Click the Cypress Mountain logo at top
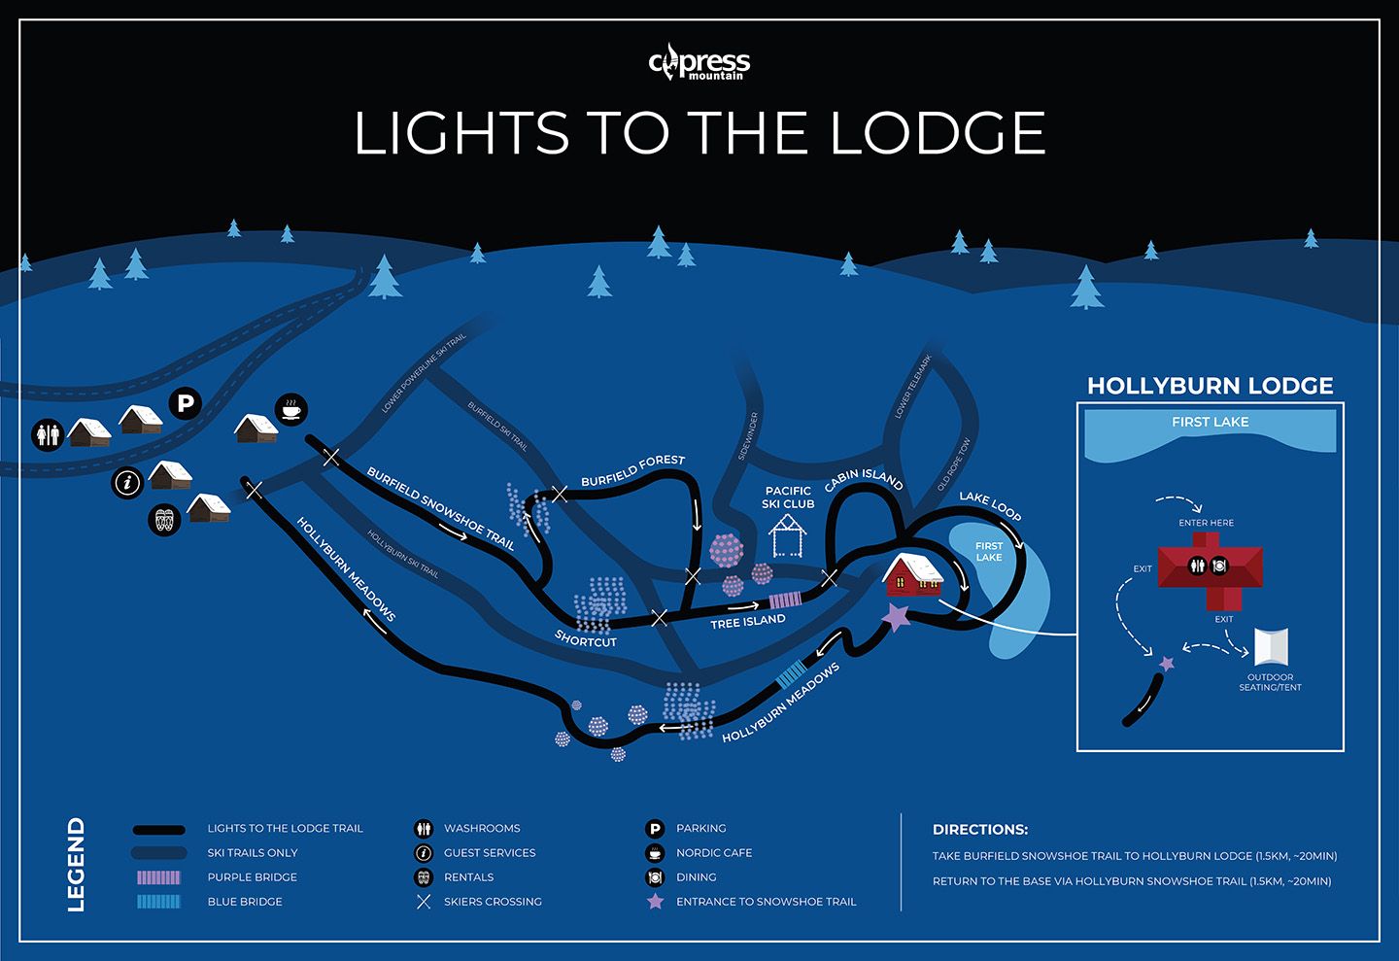pos(699,63)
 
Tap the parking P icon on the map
pos(185,402)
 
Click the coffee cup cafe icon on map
pos(291,409)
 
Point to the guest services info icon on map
pos(127,482)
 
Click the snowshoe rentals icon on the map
pos(164,520)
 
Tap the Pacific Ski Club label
pos(788,498)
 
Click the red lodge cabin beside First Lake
pos(912,575)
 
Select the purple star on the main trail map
pos(896,616)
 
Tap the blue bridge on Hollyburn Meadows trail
pos(791,673)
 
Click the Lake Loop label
pos(990,505)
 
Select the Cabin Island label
pos(864,480)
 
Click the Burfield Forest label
pos(632,471)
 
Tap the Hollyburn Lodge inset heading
pos(1210,386)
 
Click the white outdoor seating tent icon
pos(1272,647)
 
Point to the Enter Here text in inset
pos(1207,523)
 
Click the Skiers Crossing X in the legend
pos(424,902)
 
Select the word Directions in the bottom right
pos(980,830)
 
